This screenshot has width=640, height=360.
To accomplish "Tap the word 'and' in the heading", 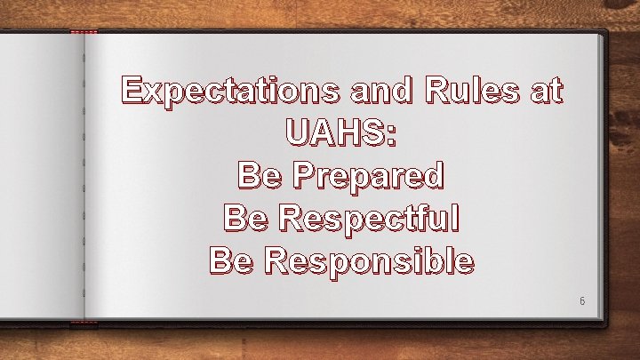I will (x=389, y=90).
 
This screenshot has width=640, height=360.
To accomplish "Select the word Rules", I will (x=477, y=90).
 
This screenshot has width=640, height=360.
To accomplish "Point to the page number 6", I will (x=582, y=301).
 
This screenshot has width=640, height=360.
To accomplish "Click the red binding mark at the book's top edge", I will (x=84, y=33).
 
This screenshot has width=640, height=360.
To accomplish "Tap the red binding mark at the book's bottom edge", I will (x=84, y=321).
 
